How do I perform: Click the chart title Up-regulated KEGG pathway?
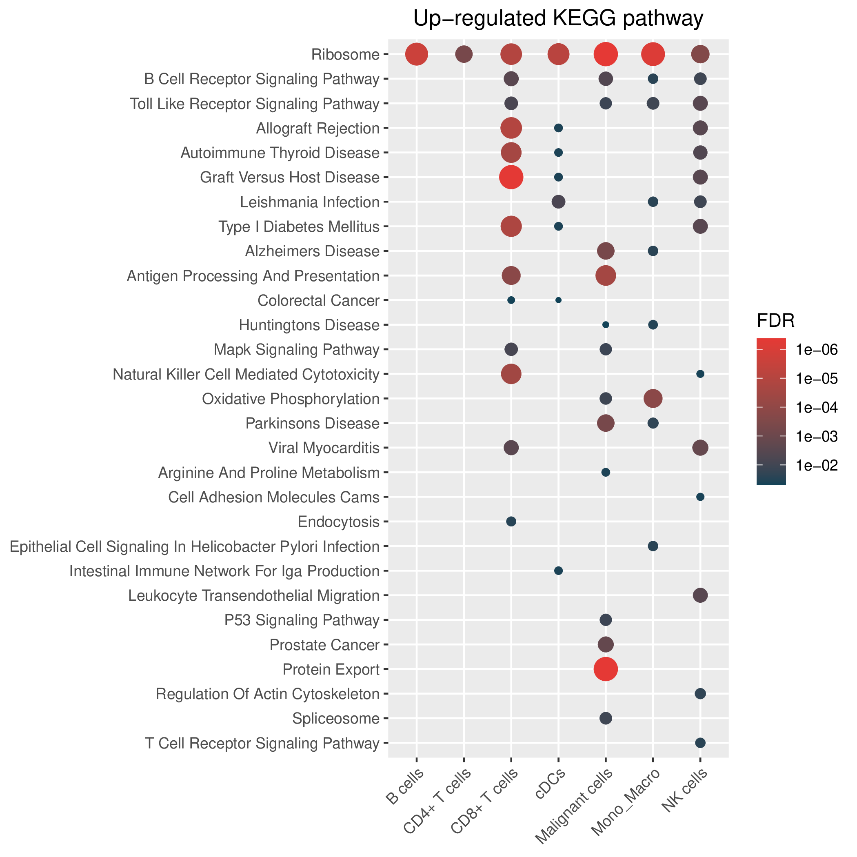coord(558,19)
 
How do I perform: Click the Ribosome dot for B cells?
coord(417,55)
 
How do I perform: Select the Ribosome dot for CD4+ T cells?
coord(464,55)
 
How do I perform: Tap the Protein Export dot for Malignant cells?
coord(606,669)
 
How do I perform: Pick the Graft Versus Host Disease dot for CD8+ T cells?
coord(511,177)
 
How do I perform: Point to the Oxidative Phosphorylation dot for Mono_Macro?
coord(653,398)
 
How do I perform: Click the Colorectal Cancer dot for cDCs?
coord(558,300)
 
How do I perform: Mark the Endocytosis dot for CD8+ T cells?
coord(511,521)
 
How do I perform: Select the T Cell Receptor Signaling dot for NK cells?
coord(700,743)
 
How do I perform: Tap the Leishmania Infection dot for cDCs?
coord(558,202)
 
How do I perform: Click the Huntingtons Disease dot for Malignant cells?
coord(606,325)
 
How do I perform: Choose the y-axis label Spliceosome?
coord(336,719)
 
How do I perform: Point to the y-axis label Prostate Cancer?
coord(325,644)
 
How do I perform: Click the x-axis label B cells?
coord(405,788)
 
